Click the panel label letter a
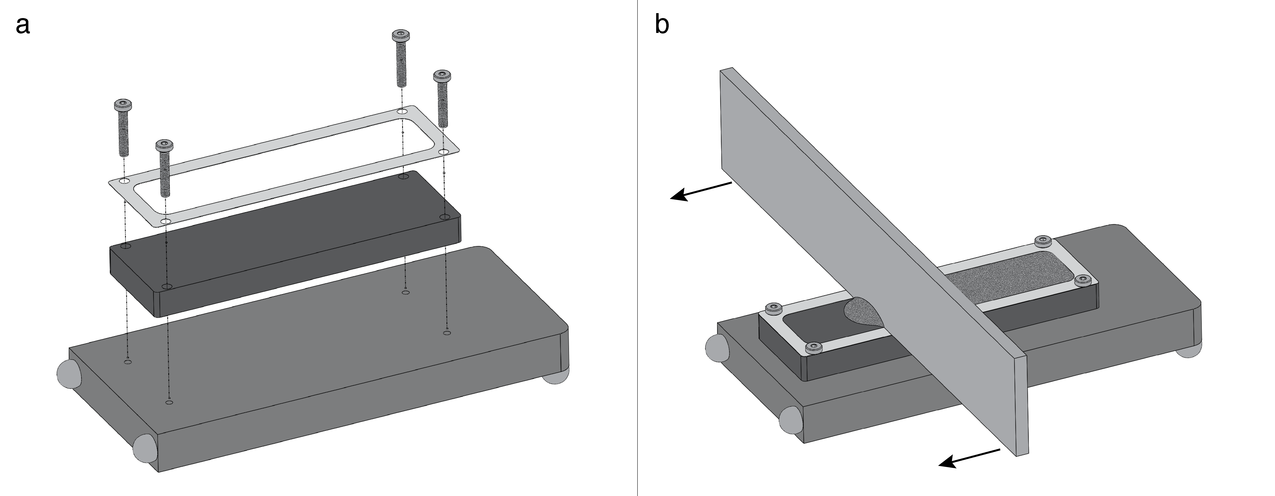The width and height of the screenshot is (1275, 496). pyautogui.click(x=23, y=26)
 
